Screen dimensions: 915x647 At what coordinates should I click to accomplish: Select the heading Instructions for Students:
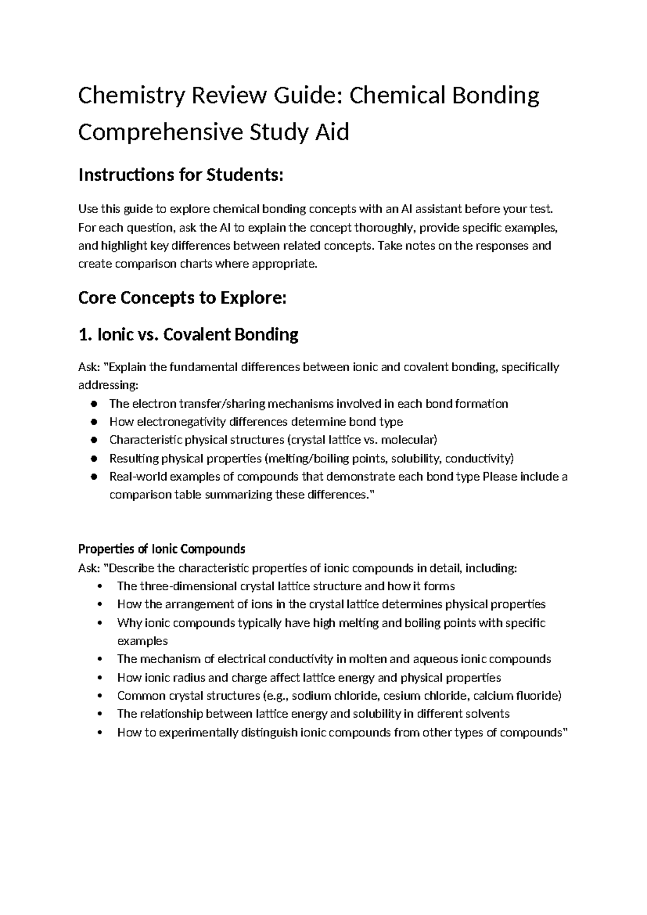[x=180, y=175]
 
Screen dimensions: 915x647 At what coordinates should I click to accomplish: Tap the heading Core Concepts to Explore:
[x=180, y=298]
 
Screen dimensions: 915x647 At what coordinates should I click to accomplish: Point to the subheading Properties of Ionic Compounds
[x=161, y=549]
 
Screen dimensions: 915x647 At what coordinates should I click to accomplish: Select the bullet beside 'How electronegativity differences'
[x=94, y=422]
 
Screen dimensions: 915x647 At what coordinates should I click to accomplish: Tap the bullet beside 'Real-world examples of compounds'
[x=94, y=477]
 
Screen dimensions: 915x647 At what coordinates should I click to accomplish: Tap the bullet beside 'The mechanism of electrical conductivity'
[x=101, y=659]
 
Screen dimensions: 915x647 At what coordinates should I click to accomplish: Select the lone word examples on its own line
[x=142, y=641]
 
